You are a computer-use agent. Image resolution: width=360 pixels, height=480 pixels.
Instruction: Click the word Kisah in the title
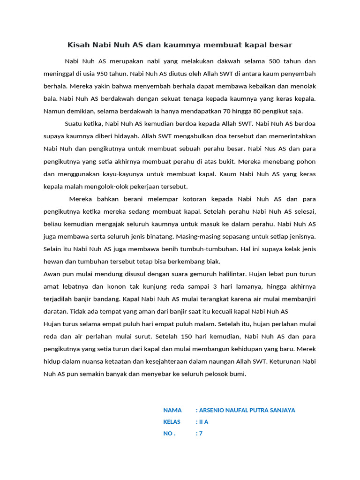pyautogui.click(x=78, y=45)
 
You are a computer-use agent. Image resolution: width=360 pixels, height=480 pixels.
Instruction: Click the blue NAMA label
pyautogui.click(x=172, y=410)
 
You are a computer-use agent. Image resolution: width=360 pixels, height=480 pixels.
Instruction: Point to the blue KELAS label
pyautogui.click(x=172, y=422)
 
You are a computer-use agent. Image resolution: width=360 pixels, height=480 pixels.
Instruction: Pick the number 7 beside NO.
pyautogui.click(x=201, y=434)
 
